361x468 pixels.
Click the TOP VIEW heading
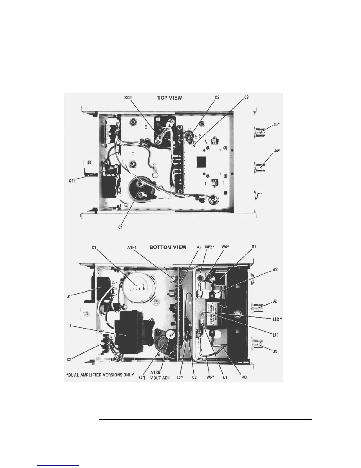(x=170, y=97)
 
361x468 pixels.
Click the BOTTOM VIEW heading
(x=168, y=247)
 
